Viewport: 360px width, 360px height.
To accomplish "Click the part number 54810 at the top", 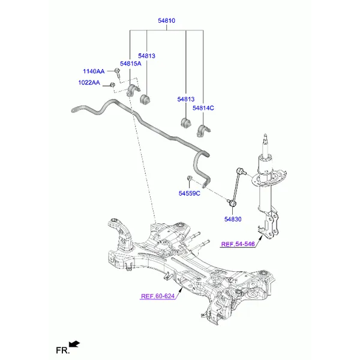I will tap(166, 20).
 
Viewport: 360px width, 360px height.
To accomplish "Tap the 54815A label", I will tap(130, 64).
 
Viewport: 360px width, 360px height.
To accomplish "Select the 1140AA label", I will tap(94, 71).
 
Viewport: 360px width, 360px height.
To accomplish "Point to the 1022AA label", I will tap(89, 83).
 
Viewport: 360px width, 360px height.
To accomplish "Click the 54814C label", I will tap(203, 108).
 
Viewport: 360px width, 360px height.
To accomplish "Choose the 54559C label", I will tap(189, 193).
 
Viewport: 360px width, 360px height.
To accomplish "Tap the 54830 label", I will tap(233, 220).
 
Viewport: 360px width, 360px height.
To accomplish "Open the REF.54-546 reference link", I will tap(238, 244).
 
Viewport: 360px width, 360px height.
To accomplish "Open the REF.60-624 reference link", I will tap(158, 296).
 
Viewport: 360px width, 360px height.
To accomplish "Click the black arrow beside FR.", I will tap(74, 344).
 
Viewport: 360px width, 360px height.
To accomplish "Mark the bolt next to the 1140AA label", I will tap(118, 73).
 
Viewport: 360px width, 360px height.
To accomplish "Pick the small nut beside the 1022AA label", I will tap(113, 85).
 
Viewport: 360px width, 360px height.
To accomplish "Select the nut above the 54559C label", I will tap(189, 178).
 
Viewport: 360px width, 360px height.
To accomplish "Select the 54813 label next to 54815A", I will tap(146, 56).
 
